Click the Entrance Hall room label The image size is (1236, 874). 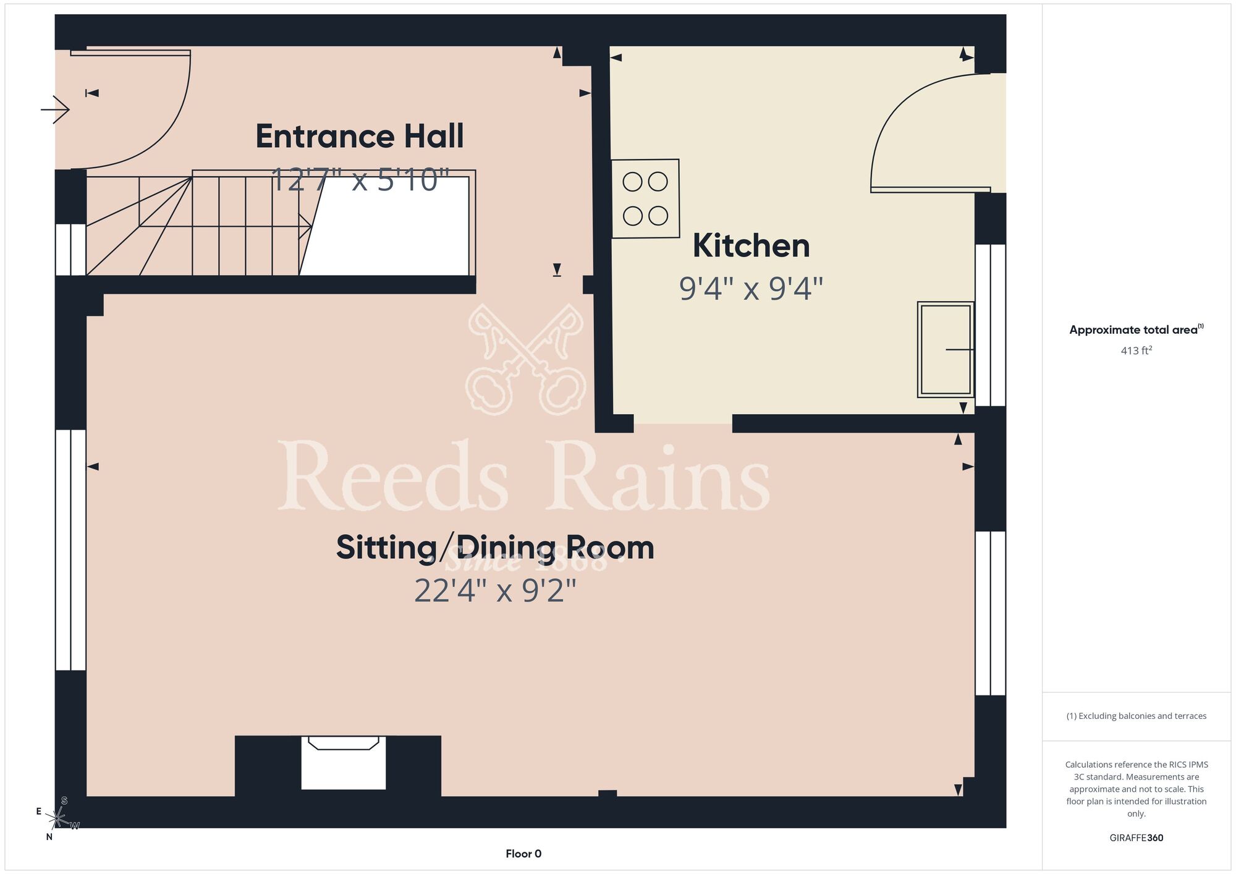click(x=359, y=136)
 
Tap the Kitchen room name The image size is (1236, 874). click(x=751, y=245)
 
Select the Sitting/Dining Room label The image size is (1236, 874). click(x=495, y=548)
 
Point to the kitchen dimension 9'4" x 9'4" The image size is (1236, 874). click(x=751, y=289)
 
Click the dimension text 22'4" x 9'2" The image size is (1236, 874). click(x=495, y=590)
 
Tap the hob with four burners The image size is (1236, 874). click(x=645, y=198)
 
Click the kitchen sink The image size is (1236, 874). click(x=946, y=349)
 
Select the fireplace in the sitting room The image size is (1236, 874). click(x=344, y=763)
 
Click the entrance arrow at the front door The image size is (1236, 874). click(x=55, y=110)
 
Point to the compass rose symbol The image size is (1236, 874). click(x=57, y=819)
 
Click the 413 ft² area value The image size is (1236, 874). click(x=1137, y=350)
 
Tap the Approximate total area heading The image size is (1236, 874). click(x=1137, y=329)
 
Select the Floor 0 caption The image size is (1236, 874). click(x=523, y=854)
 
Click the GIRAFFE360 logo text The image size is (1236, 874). click(x=1137, y=838)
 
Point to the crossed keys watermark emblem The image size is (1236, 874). click(x=526, y=359)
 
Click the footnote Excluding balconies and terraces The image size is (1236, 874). click(x=1137, y=716)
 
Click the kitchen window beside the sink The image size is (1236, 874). click(x=991, y=325)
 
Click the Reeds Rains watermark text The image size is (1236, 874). click(x=524, y=476)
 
